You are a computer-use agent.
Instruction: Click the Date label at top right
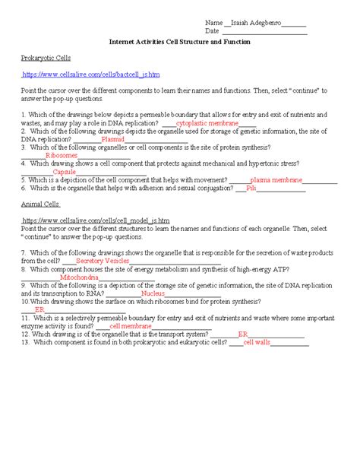(213, 32)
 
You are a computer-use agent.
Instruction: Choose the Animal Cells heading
(41, 204)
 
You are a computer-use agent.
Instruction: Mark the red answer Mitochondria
(79, 277)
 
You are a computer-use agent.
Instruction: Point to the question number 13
(25, 341)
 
